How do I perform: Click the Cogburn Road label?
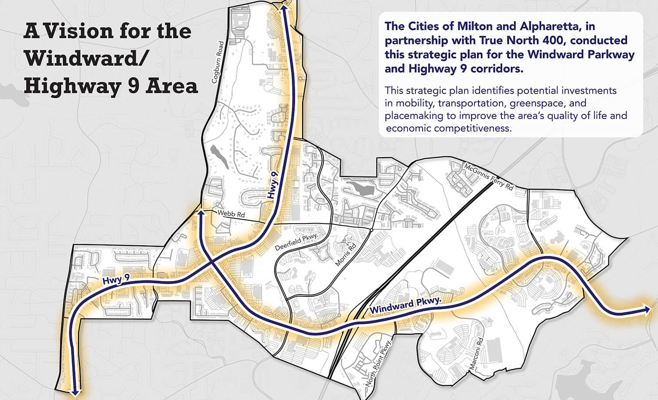click(218, 62)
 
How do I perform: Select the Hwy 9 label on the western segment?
click(116, 279)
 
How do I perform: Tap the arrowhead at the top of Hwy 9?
click(284, 7)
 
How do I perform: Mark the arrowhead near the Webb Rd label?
click(201, 213)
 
